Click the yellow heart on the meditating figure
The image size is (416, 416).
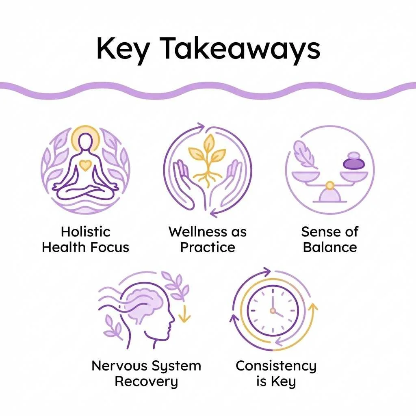click(85, 165)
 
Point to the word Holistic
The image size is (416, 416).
click(85, 232)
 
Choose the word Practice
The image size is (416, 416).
click(208, 247)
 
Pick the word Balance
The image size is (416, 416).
click(330, 247)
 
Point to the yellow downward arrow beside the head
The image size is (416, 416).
click(184, 313)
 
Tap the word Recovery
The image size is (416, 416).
click(146, 381)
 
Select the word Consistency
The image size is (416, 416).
click(276, 366)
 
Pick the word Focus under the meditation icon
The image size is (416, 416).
click(110, 247)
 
